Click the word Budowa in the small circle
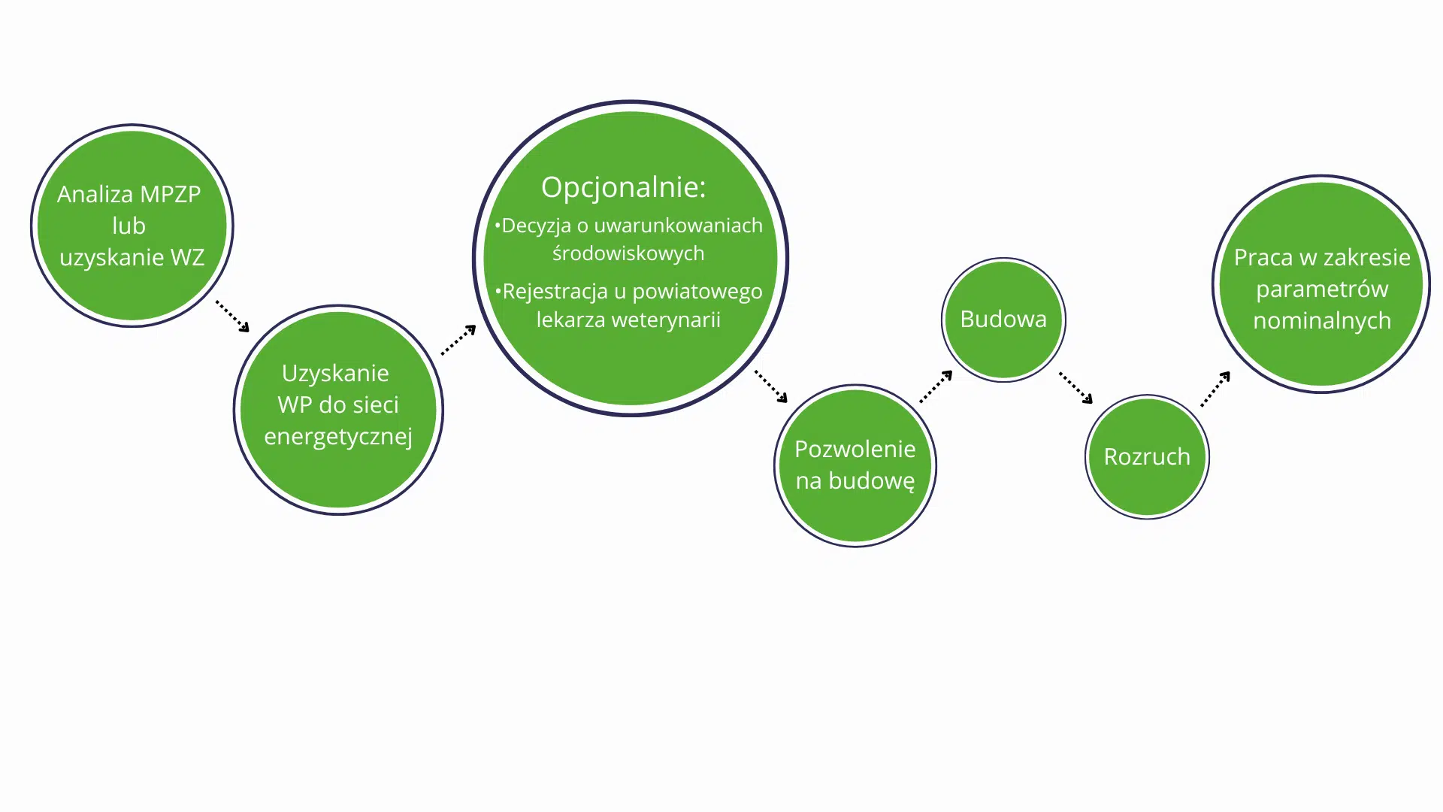[x=1003, y=319]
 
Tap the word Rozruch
[x=1147, y=456]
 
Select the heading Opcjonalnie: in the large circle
[x=624, y=187]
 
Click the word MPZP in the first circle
[x=171, y=194]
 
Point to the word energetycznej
[x=338, y=437]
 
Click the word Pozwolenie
[x=855, y=449]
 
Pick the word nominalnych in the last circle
[x=1322, y=321]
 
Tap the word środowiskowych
[x=628, y=253]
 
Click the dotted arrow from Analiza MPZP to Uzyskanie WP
[x=232, y=317]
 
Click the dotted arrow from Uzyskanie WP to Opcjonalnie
[x=458, y=340]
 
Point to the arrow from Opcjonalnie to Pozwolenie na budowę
[x=771, y=386]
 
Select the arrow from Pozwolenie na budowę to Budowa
[x=936, y=386]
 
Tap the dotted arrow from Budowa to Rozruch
[x=1076, y=388]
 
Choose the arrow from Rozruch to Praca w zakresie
[x=1215, y=389]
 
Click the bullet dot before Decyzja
[x=498, y=225]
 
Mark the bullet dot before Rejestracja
[x=498, y=290]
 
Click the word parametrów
[x=1322, y=289]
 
